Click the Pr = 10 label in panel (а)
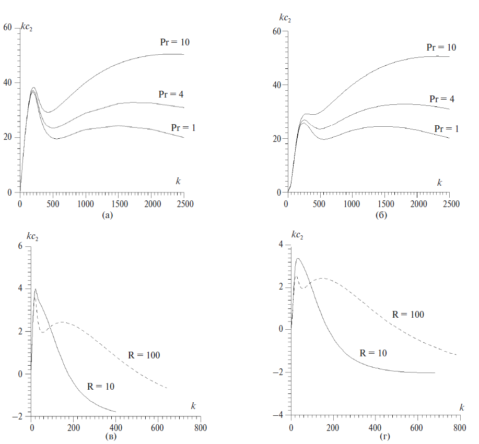(x=174, y=42)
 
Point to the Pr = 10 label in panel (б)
(x=441, y=47)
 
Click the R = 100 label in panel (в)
(x=144, y=355)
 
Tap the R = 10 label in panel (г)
(x=373, y=353)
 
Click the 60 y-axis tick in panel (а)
(x=8, y=27)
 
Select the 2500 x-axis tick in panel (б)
(x=451, y=203)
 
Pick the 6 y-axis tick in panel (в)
(x=21, y=246)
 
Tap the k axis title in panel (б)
(x=439, y=182)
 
